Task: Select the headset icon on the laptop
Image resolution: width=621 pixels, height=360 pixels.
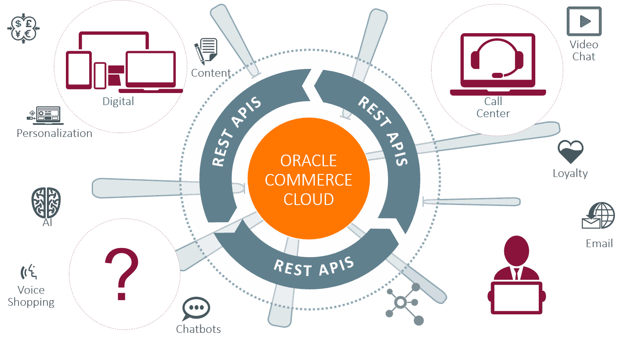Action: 497,58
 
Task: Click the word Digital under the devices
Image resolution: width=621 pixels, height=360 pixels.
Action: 118,102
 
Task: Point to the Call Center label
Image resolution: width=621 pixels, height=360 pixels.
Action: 493,107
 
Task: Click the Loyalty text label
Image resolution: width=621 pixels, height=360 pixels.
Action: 570,174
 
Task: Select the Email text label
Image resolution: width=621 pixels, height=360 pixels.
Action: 599,244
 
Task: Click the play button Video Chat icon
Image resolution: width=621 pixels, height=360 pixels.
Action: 584,21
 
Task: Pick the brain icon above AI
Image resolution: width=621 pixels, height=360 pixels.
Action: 47,202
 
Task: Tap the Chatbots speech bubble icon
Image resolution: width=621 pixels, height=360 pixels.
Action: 196,309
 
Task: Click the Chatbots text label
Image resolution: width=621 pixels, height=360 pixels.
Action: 198,329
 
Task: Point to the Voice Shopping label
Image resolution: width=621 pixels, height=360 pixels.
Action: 31,296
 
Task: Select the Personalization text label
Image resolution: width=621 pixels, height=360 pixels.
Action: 54,133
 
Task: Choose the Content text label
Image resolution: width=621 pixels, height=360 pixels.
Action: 211,73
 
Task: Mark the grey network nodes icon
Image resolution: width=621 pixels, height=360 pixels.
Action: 404,303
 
